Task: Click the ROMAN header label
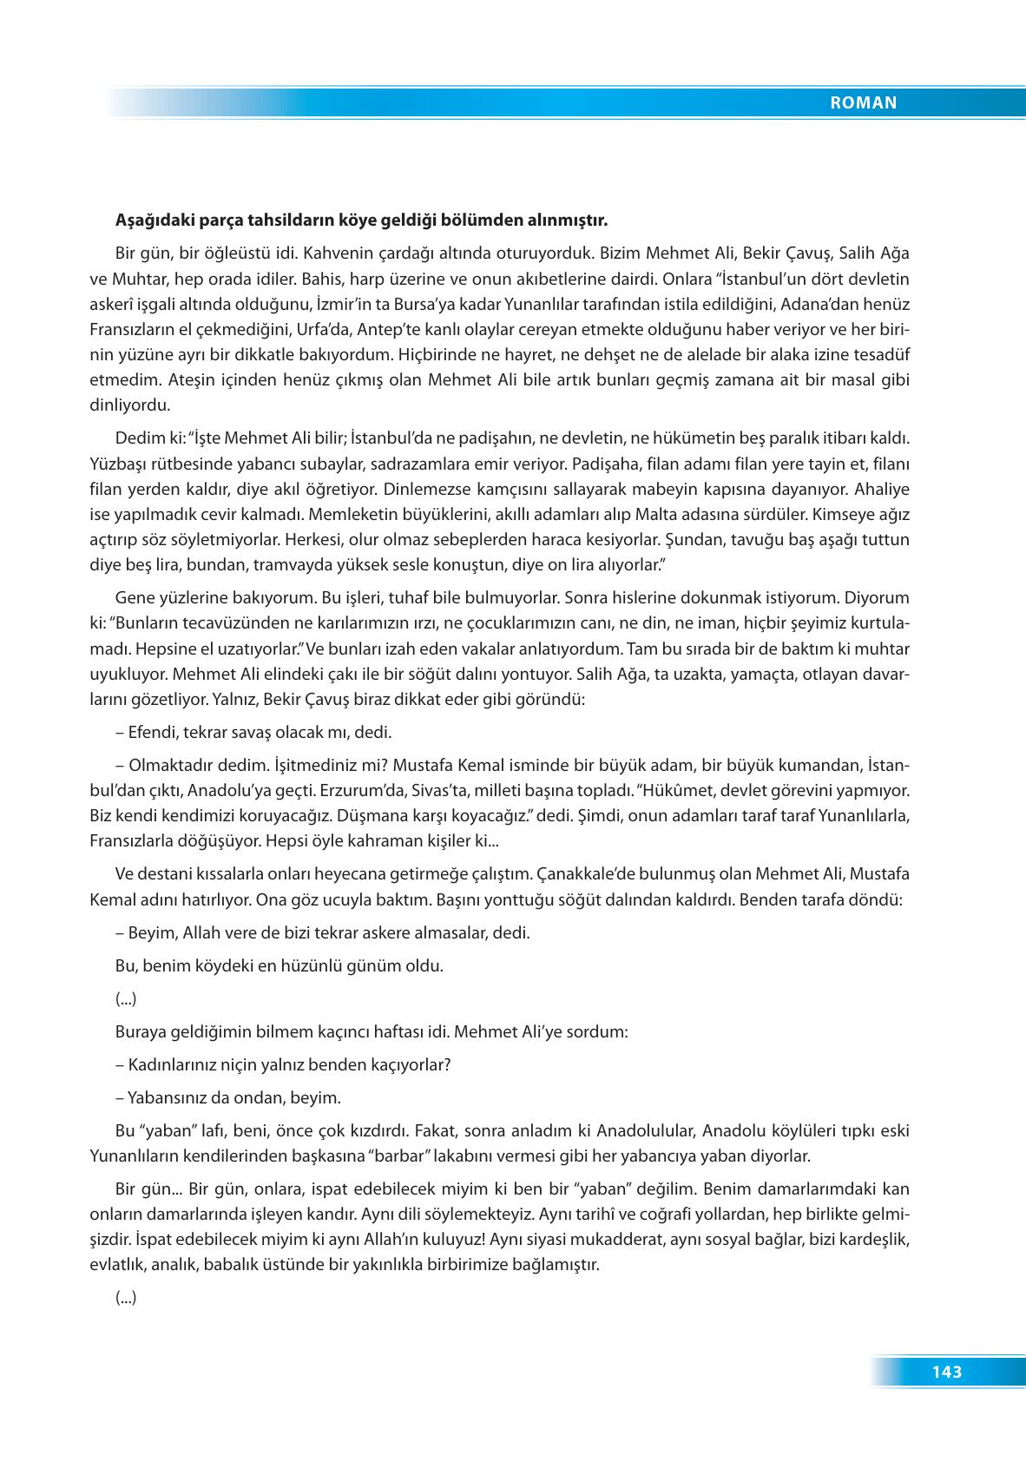tap(863, 102)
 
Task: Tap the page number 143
tap(947, 1373)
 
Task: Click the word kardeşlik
tap(872, 1240)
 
